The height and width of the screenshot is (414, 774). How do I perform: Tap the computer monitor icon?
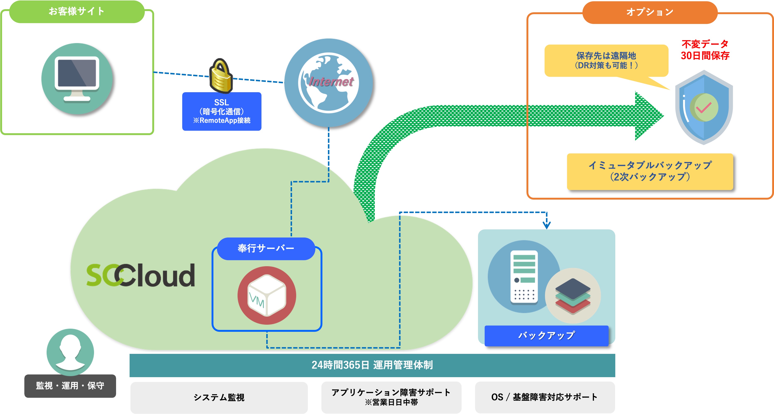[77, 79]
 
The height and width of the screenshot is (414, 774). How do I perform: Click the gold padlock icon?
[221, 76]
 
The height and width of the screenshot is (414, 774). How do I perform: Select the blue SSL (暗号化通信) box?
[222, 111]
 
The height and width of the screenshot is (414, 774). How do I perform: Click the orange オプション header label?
[650, 12]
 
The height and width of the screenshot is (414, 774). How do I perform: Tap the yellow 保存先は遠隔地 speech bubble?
[606, 61]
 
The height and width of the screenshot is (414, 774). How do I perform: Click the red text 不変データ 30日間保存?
[705, 50]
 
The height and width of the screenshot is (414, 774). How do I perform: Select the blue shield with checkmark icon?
[704, 107]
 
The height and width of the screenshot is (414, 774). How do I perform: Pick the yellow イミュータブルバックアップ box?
[650, 171]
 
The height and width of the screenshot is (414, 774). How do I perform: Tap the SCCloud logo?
[141, 275]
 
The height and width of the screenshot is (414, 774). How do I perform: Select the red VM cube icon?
[267, 295]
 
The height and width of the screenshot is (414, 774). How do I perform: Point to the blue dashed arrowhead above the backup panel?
[547, 225]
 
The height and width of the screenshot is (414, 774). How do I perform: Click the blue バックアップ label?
[547, 336]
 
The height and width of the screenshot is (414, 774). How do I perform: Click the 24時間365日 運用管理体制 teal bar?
[372, 365]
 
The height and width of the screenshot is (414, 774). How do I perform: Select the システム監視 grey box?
[219, 398]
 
